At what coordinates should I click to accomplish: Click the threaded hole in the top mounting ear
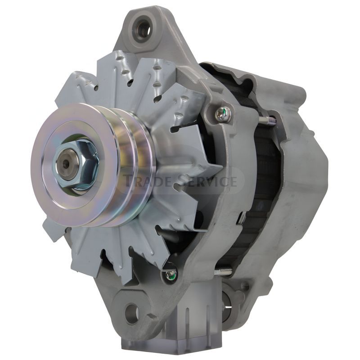pyautogui.click(x=143, y=29)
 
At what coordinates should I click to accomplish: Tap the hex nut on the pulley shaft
pyautogui.click(x=77, y=164)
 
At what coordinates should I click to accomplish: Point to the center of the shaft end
pyautogui.click(x=67, y=164)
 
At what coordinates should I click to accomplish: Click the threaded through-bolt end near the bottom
pyautogui.click(x=223, y=272)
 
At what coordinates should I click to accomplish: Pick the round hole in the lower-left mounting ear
pyautogui.click(x=132, y=313)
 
